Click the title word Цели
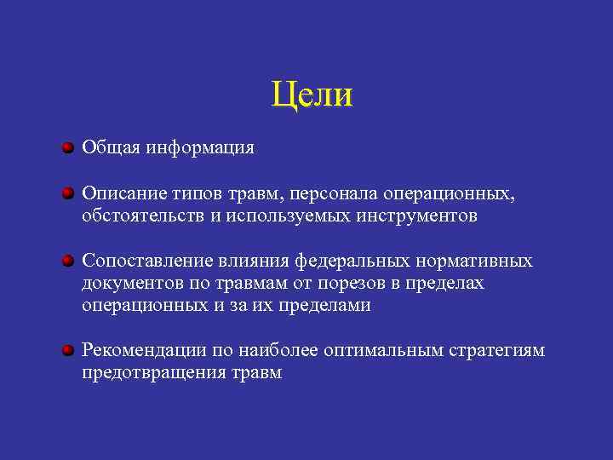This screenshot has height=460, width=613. (x=312, y=95)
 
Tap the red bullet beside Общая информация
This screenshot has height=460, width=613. (x=67, y=148)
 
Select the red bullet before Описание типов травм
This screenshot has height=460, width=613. (x=67, y=194)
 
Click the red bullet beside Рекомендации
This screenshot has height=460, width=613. (x=67, y=350)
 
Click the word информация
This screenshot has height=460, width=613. (x=199, y=147)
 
